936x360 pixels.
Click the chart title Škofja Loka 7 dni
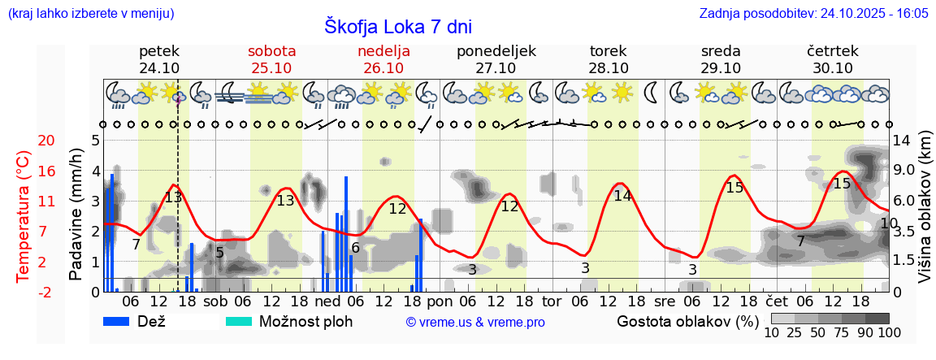pyautogui.click(x=397, y=26)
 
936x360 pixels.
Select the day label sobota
pyautogui.click(x=271, y=51)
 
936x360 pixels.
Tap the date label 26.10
pyautogui.click(x=383, y=68)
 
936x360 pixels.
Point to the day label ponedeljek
pyautogui.click(x=496, y=51)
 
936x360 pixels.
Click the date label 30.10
pyautogui.click(x=833, y=68)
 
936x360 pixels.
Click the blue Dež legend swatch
pyautogui.click(x=119, y=321)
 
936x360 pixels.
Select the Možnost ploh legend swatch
pyautogui.click(x=240, y=321)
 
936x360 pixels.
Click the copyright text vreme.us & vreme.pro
pyautogui.click(x=475, y=322)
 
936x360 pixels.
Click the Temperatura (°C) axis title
pyautogui.click(x=23, y=216)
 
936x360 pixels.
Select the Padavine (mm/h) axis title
pyautogui.click(x=76, y=216)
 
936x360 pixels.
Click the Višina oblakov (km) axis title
pyautogui.click(x=924, y=216)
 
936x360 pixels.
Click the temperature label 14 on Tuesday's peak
pyautogui.click(x=622, y=196)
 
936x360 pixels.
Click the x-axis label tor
pyautogui.click(x=552, y=301)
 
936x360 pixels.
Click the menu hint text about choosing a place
pyautogui.click(x=90, y=14)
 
